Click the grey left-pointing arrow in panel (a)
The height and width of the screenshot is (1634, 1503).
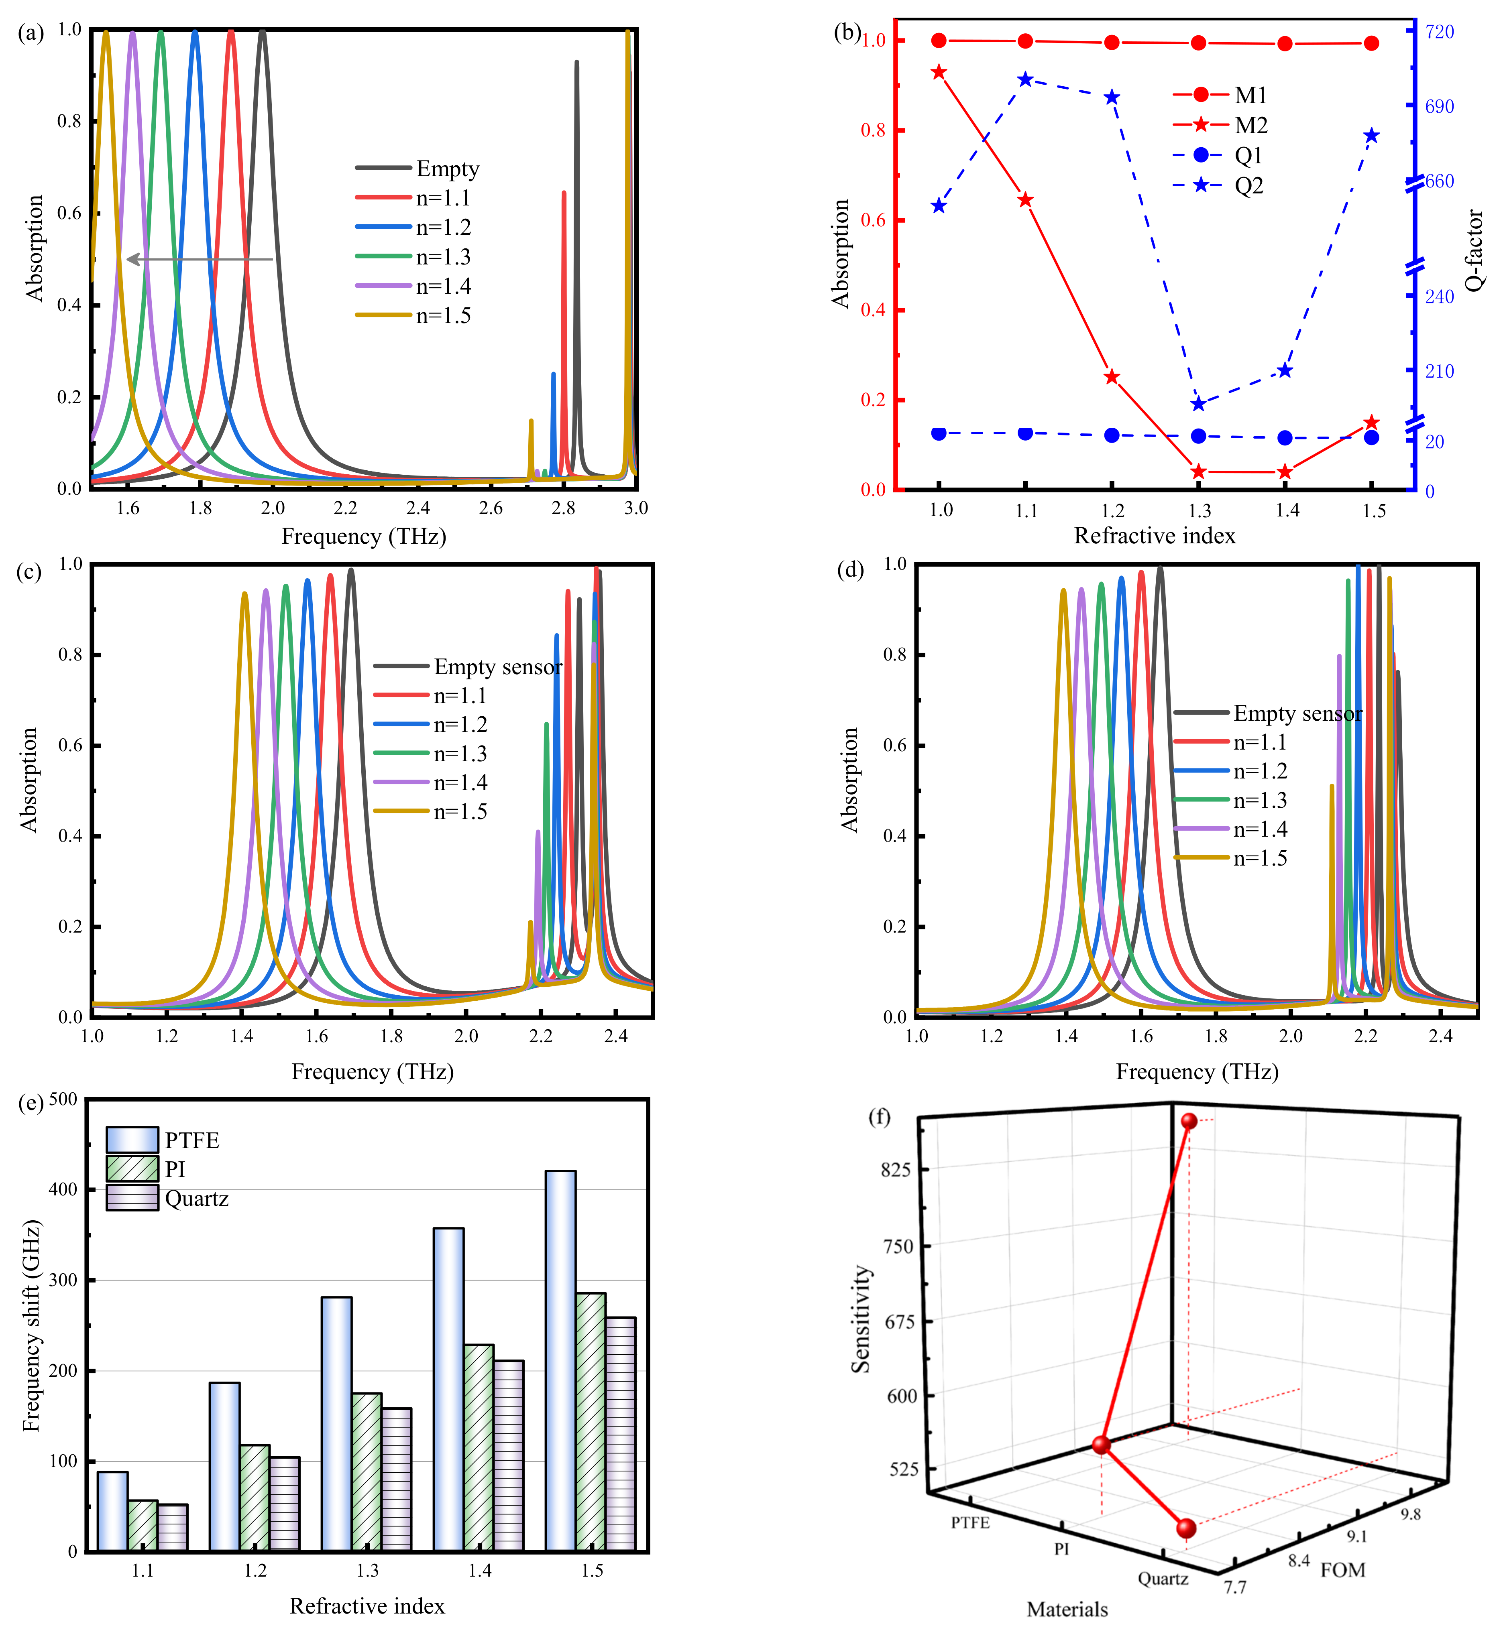199,259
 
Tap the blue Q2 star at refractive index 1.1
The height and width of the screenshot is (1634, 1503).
1026,80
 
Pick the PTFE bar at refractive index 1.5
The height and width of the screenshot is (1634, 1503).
560,1362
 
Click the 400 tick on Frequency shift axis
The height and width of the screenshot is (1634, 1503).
63,1189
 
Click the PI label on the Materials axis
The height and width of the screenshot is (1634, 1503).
1061,1549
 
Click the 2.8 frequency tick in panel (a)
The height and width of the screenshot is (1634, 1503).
563,508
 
